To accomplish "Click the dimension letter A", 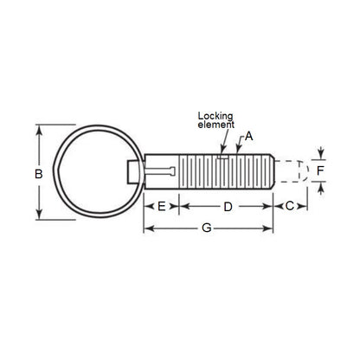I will click(x=249, y=136).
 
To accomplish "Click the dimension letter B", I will click(x=37, y=174).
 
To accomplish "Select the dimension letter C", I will click(x=289, y=207).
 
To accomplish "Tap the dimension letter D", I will click(x=228, y=207).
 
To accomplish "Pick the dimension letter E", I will click(x=161, y=207).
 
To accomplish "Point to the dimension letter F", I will click(x=320, y=171).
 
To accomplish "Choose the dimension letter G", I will click(x=206, y=228).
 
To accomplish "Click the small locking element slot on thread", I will click(x=222, y=157).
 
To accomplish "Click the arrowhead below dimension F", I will click(x=320, y=189).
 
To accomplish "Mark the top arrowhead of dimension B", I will click(x=37, y=128).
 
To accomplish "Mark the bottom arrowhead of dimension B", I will click(x=37, y=218).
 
